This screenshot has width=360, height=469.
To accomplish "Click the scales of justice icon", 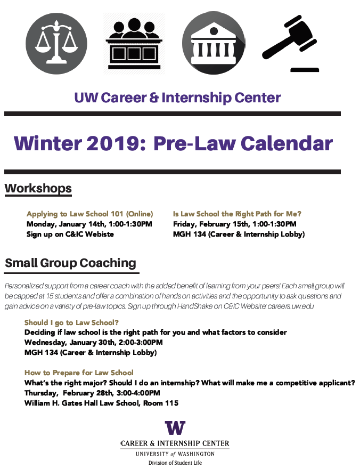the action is [x=56, y=44].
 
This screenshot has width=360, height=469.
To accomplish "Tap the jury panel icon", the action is [x=134, y=44].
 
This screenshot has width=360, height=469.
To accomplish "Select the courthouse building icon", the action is [x=214, y=43].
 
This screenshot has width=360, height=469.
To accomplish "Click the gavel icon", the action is [x=290, y=44].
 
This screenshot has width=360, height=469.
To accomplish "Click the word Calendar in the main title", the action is [x=287, y=143].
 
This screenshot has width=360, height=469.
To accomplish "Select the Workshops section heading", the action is [x=38, y=189].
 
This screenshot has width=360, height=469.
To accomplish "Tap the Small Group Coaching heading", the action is [x=70, y=263].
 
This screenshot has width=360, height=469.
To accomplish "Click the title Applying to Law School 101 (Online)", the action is [x=89, y=214].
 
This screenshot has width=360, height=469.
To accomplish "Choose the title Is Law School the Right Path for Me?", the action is [x=237, y=214].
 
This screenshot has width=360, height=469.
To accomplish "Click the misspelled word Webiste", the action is [x=100, y=234].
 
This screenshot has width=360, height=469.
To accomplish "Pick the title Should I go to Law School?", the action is [x=71, y=322].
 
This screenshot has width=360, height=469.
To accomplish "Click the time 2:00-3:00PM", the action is [x=141, y=342].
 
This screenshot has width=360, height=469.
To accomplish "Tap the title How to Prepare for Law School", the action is [x=79, y=373].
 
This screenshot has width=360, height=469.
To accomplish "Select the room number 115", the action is [x=172, y=403].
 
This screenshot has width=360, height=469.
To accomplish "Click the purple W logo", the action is [x=175, y=428].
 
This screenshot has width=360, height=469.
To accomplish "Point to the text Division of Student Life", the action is [x=175, y=463].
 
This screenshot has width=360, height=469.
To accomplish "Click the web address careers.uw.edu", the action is [x=291, y=306].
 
